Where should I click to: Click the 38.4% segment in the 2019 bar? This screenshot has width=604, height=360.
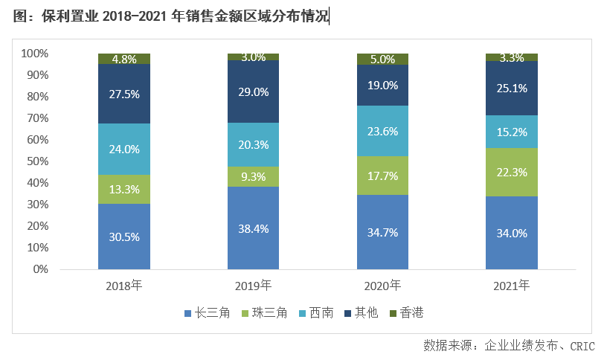click(x=253, y=228)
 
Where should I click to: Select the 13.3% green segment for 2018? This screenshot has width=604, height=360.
click(x=124, y=189)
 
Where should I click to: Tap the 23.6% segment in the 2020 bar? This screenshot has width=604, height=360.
click(x=382, y=131)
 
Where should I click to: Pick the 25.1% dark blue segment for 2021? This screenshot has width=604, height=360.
click(x=512, y=88)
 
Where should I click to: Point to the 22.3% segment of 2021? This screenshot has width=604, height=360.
click(x=512, y=172)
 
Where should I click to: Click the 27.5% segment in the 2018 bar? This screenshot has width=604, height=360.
click(x=124, y=94)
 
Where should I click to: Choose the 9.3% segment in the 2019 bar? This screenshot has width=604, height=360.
click(x=253, y=176)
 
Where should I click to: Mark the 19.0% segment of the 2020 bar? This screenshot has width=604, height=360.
click(x=382, y=85)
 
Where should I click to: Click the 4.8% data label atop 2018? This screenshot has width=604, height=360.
click(x=124, y=59)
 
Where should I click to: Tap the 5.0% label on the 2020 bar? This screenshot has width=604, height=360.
click(x=382, y=59)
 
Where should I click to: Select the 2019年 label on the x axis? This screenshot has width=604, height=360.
click(x=253, y=285)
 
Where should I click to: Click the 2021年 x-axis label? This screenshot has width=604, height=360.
click(x=512, y=285)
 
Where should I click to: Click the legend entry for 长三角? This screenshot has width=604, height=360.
click(x=204, y=312)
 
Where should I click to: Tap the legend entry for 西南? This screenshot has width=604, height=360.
click(x=313, y=312)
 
